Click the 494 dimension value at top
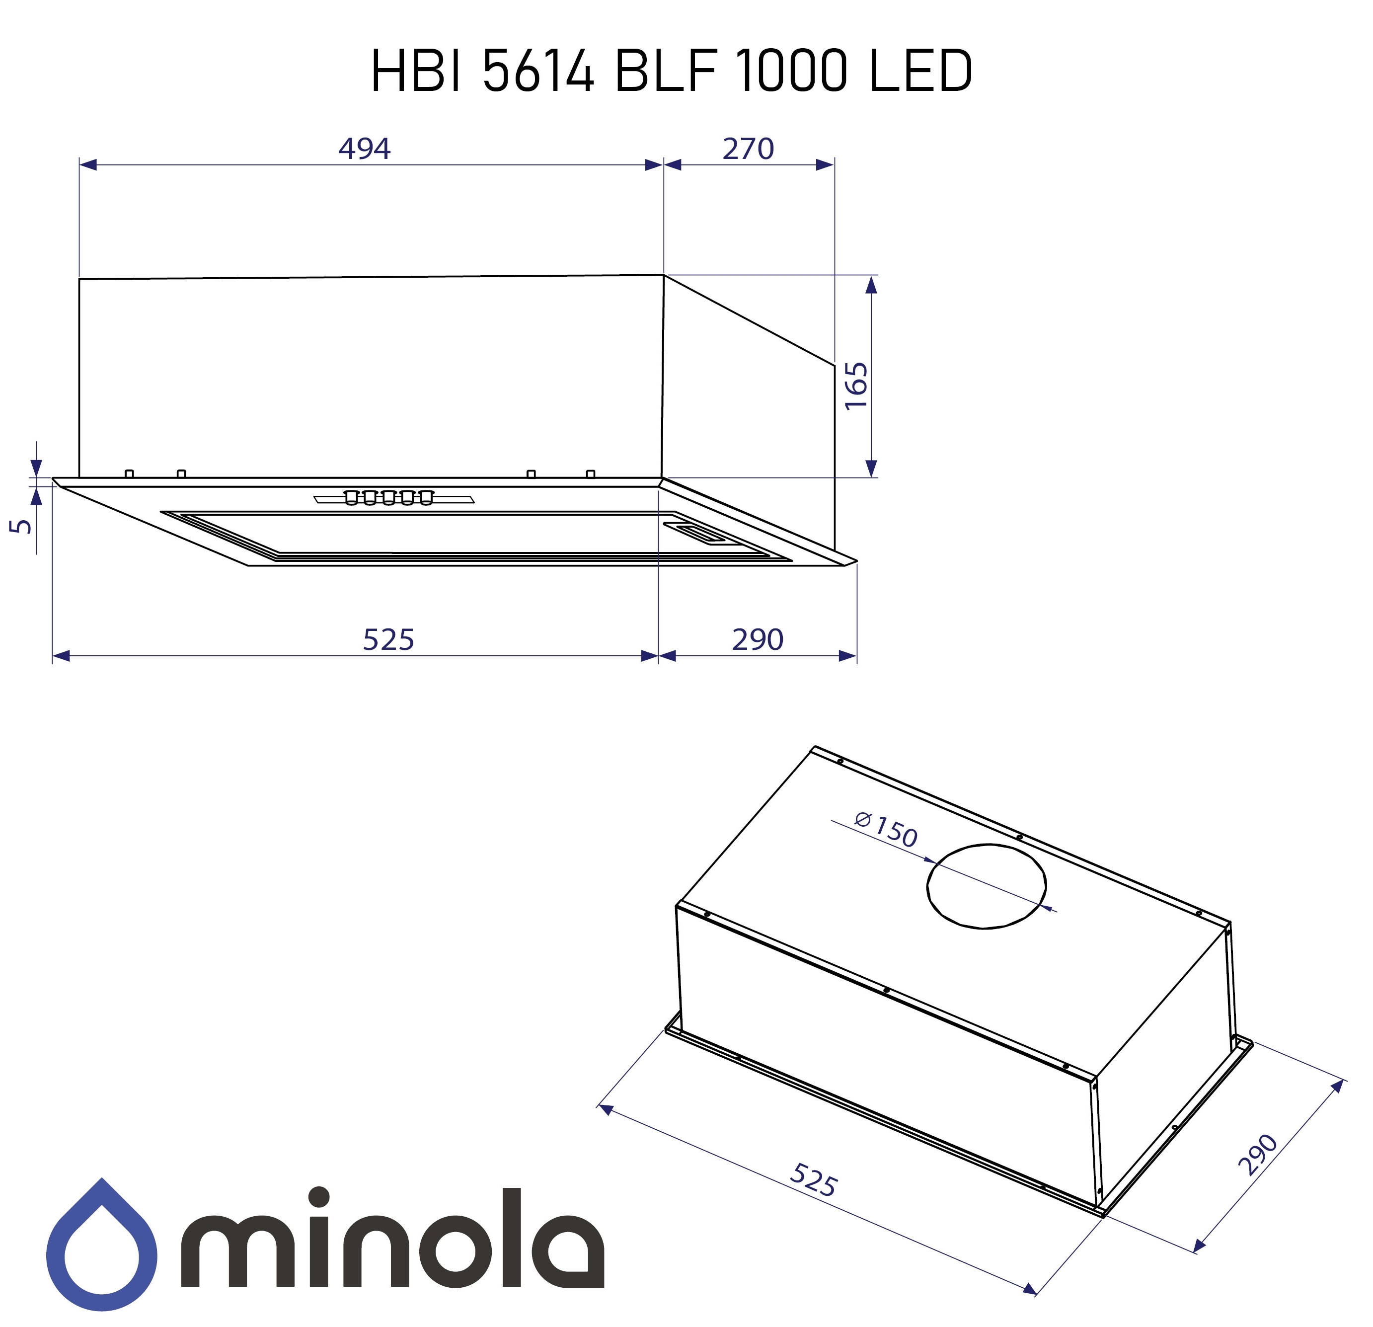[364, 149]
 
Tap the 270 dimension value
[748, 149]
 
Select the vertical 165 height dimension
[856, 386]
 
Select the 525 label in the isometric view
[813, 1180]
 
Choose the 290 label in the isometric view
[1258, 1154]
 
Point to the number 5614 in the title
[538, 72]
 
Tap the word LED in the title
[920, 72]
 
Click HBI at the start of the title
[416, 72]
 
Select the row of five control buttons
[389, 497]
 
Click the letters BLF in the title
[666, 72]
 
